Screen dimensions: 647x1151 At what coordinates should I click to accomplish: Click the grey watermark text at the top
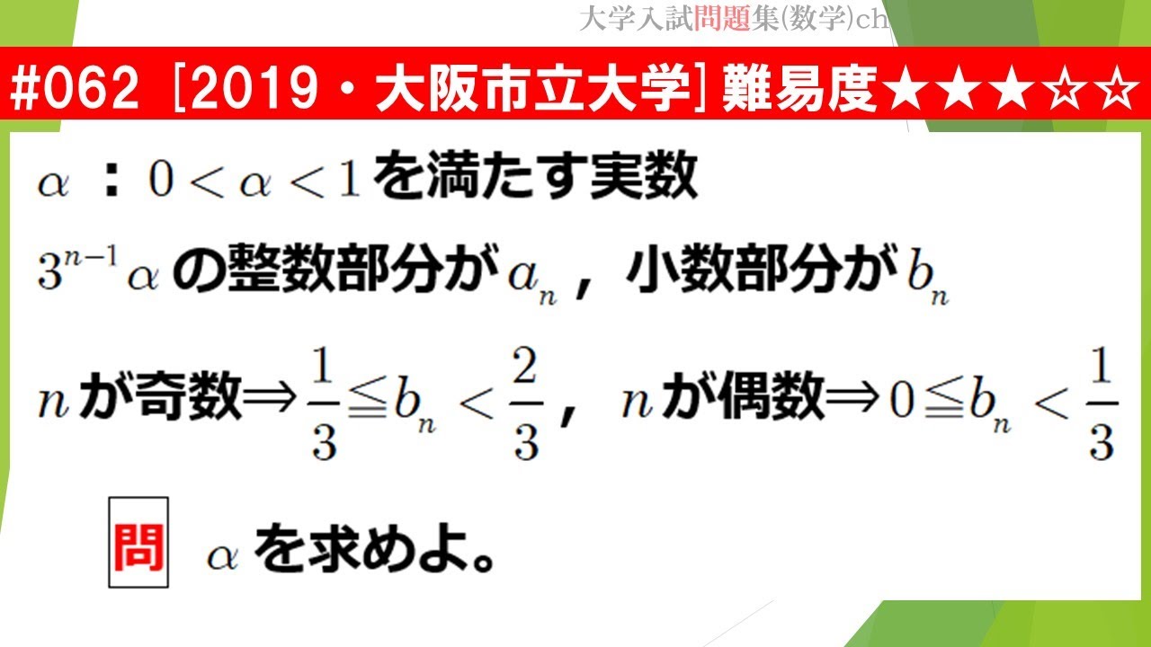coord(733,20)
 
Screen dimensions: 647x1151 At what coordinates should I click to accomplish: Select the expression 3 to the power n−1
coord(74,270)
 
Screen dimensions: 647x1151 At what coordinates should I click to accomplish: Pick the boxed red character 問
coord(138,543)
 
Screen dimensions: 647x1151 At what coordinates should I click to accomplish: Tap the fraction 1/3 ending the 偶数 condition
coord(1102,402)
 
